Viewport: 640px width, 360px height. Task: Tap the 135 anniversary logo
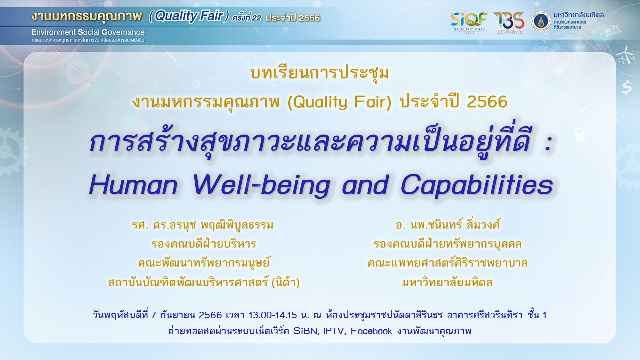pos(509,23)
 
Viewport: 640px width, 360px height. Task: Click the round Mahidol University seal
pos(541,21)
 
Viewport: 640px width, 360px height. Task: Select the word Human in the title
pos(133,185)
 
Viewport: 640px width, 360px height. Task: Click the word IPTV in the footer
pos(335,331)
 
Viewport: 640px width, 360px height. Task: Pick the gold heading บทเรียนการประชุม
pos(319,73)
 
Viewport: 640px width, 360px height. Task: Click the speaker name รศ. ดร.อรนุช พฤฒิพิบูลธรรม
pos(203,225)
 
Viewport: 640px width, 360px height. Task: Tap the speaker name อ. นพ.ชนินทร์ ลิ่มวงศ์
pos(447,225)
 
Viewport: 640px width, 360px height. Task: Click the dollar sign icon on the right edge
pos(627,87)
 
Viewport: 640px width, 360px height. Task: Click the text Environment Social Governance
pos(88,32)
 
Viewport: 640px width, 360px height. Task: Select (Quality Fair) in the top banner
pos(189,17)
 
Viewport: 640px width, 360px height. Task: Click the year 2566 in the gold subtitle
pos(487,102)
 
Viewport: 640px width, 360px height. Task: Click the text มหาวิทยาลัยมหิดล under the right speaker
pos(447,283)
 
